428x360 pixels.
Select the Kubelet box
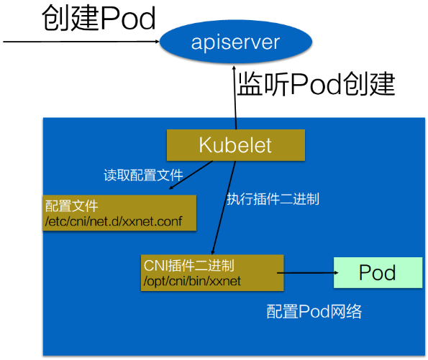click(235, 145)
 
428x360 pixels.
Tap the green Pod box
click(378, 273)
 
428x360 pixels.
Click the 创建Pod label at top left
click(99, 19)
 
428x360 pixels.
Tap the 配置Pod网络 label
click(314, 311)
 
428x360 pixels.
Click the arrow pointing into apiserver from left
click(79, 42)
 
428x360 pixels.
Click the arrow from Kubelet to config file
click(190, 176)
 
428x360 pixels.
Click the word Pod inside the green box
click(378, 273)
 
